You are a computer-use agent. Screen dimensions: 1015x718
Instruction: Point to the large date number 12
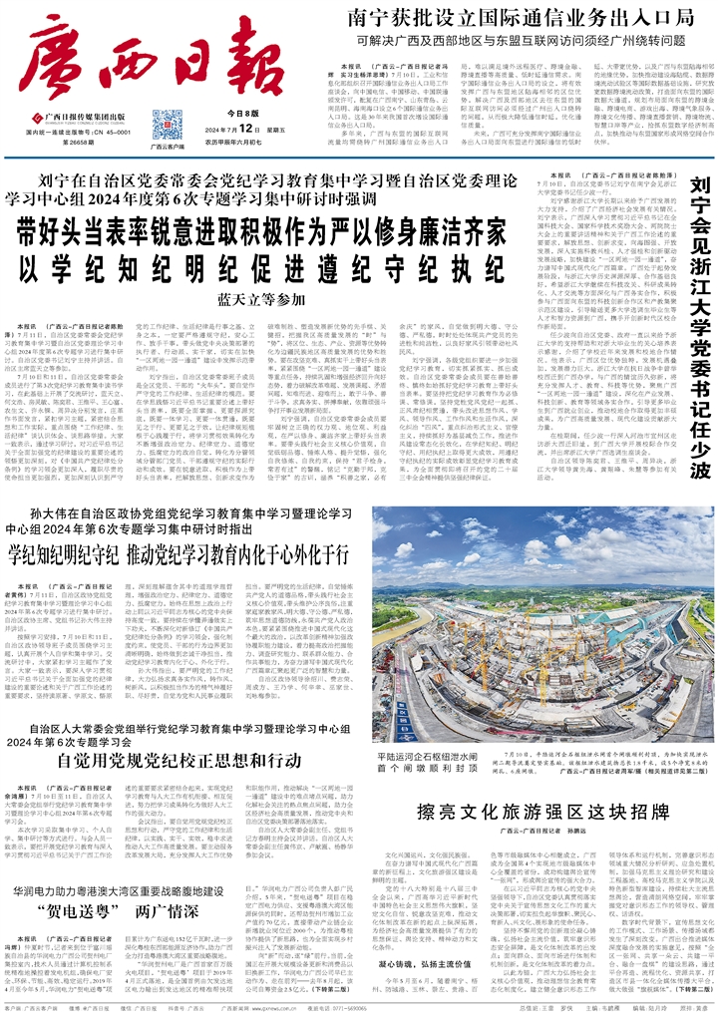click(x=244, y=129)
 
